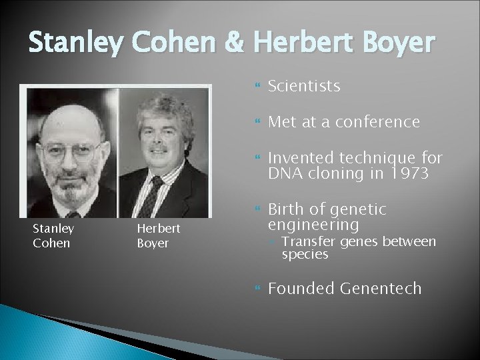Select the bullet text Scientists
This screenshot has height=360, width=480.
(x=303, y=86)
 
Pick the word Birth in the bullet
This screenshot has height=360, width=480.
(x=285, y=209)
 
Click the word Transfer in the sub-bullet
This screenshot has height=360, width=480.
(x=304, y=241)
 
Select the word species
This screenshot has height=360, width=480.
(x=305, y=254)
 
